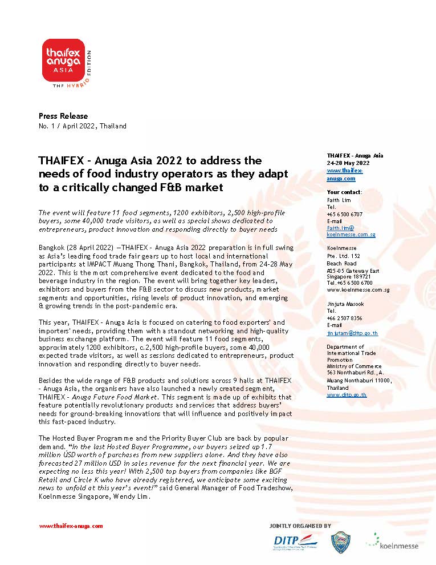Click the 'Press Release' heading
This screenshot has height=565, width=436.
tap(63, 116)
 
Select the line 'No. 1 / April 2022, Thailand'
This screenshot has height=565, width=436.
tap(82, 126)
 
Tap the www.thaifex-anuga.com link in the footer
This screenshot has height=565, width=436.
tap(71, 526)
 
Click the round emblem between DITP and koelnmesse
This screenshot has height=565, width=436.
tap(341, 542)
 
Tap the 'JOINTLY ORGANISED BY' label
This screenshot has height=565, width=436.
tap(300, 526)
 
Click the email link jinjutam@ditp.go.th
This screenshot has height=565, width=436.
tap(352, 333)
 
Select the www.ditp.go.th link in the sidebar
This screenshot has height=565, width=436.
tap(347, 394)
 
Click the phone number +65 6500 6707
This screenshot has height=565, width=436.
tap(344, 214)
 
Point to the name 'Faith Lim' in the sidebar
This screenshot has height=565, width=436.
tap(338, 200)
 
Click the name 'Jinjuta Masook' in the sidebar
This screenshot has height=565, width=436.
tap(345, 304)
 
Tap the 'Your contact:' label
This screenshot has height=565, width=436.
tap(344, 192)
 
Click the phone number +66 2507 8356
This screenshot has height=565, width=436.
tap(344, 318)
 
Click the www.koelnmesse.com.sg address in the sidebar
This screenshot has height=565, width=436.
tap(358, 289)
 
